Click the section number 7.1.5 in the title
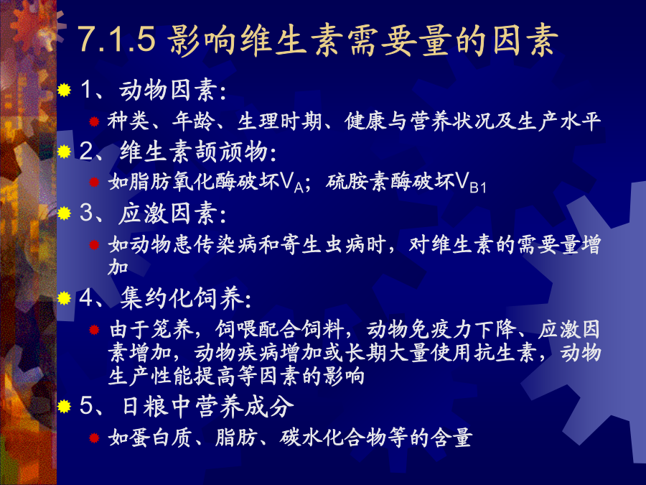(x=117, y=40)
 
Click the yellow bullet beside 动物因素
(x=65, y=90)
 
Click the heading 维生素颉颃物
(x=194, y=152)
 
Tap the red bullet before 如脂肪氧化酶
(x=94, y=182)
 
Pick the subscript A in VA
(x=299, y=188)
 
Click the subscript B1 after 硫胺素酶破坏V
(x=478, y=188)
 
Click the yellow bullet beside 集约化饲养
(x=65, y=297)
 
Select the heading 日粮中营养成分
(x=208, y=406)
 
